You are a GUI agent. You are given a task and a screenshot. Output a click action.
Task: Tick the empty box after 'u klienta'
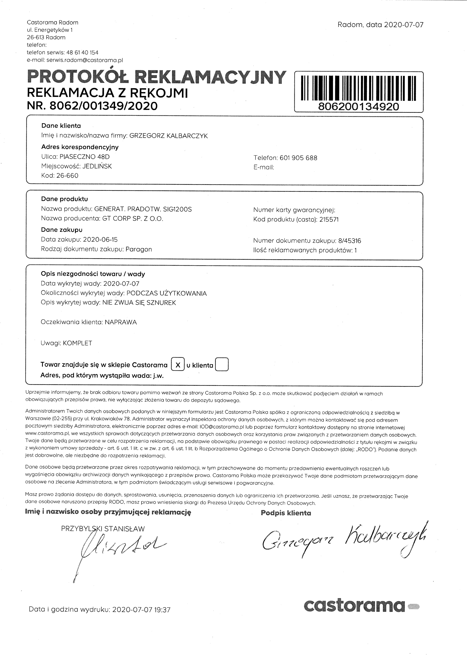[222, 364]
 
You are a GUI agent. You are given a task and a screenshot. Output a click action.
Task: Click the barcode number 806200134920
[359, 107]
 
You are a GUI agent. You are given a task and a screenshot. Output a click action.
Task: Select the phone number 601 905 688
[298, 158]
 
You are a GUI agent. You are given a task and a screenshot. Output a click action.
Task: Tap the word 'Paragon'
[139, 249]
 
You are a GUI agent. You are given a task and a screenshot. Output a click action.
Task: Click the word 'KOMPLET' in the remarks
[77, 343]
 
